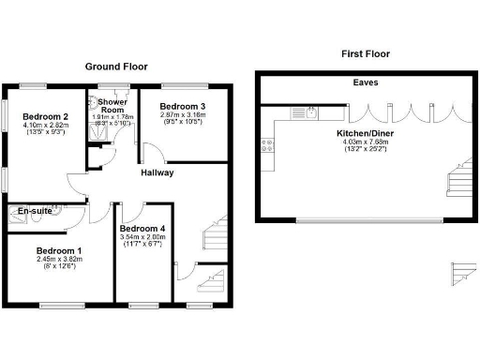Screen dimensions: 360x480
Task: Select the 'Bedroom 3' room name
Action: (183, 106)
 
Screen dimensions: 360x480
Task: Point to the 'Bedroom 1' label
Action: (59, 250)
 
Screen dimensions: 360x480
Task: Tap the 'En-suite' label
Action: (34, 212)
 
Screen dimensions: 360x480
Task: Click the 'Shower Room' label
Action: (112, 107)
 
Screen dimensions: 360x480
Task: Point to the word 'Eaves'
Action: (366, 83)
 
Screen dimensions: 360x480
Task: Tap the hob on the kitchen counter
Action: (267, 145)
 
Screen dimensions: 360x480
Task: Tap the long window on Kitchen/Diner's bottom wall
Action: (368, 221)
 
